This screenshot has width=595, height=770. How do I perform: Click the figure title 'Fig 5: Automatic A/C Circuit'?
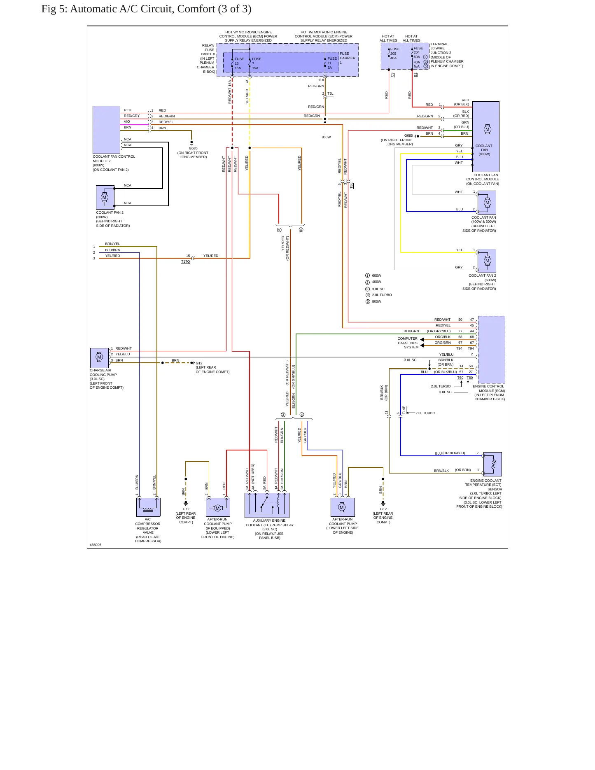pyautogui.click(x=103, y=9)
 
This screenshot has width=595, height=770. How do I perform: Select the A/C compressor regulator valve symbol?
pyautogui.click(x=148, y=507)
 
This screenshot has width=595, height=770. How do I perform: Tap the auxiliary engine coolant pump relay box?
pyautogui.click(x=267, y=505)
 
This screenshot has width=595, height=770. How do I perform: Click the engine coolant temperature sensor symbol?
pyautogui.click(x=492, y=464)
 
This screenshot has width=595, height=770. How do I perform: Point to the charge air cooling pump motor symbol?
pyautogui.click(x=99, y=358)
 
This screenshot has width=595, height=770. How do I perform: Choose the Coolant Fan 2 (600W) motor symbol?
pyautogui.click(x=487, y=261)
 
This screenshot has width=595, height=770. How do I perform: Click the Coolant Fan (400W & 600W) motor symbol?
pyautogui.click(x=487, y=203)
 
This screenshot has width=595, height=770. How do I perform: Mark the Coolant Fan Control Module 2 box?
pyautogui.click(x=106, y=130)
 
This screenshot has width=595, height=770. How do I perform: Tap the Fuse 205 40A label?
pyautogui.click(x=394, y=54)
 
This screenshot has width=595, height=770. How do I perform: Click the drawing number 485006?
pyautogui.click(x=96, y=545)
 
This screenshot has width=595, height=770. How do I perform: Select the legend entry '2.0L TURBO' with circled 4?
pyautogui.click(x=378, y=295)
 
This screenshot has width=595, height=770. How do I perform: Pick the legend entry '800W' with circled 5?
pyautogui.click(x=373, y=301)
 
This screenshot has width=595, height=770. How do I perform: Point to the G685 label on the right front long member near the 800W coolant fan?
pyautogui.click(x=408, y=135)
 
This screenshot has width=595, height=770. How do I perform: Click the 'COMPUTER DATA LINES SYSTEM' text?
pyautogui.click(x=408, y=343)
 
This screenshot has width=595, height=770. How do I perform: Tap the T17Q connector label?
pyautogui.click(x=186, y=261)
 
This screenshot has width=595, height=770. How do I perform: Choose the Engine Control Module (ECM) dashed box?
pyautogui.click(x=491, y=350)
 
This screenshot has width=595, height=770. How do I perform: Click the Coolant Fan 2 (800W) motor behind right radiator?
pyautogui.click(x=105, y=197)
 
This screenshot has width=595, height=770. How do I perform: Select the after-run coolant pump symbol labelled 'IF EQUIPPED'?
pyautogui.click(x=218, y=507)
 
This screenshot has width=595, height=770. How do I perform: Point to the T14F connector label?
pyautogui.click(x=404, y=410)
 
